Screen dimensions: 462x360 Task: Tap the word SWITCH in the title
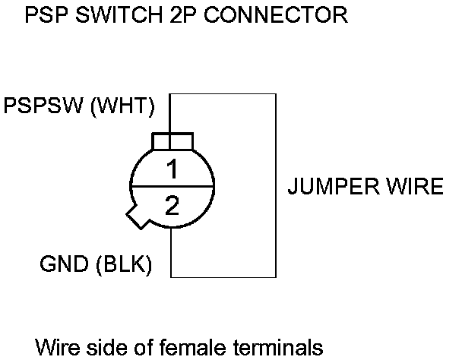click(x=119, y=14)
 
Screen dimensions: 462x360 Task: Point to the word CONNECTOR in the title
click(x=276, y=14)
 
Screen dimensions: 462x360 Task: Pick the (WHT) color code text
click(x=122, y=106)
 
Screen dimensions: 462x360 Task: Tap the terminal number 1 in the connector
click(x=172, y=169)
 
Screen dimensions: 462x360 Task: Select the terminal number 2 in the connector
click(x=172, y=205)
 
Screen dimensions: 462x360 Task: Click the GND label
click(x=64, y=264)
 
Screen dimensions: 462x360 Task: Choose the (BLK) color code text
click(x=124, y=264)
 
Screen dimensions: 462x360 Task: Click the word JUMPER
click(x=334, y=186)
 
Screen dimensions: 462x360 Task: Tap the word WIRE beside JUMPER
click(x=415, y=186)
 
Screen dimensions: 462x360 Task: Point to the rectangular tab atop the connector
click(x=172, y=142)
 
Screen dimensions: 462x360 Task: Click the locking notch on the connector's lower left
click(x=137, y=217)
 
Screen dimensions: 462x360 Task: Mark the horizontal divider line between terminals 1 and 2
click(x=172, y=187)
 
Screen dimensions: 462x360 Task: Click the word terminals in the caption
click(x=278, y=347)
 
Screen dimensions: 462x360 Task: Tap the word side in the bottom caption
click(x=103, y=347)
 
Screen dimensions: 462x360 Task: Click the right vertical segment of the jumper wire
click(x=276, y=185)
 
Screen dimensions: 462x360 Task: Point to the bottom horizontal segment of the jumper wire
click(x=223, y=277)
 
